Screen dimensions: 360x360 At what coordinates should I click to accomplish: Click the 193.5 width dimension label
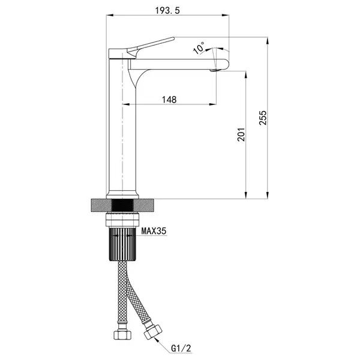tap(167, 10)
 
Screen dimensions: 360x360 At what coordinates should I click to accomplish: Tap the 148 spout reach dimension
tap(169, 100)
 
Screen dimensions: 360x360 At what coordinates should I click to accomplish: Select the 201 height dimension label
tap(241, 134)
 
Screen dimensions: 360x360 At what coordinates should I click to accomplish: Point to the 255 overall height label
tap(263, 118)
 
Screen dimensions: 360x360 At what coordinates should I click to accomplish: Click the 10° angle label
tap(199, 48)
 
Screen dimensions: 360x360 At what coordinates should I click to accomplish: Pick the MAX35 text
tap(154, 231)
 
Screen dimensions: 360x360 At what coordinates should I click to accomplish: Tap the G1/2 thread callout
tap(181, 349)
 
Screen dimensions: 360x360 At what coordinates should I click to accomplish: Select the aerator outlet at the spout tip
tap(214, 70)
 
